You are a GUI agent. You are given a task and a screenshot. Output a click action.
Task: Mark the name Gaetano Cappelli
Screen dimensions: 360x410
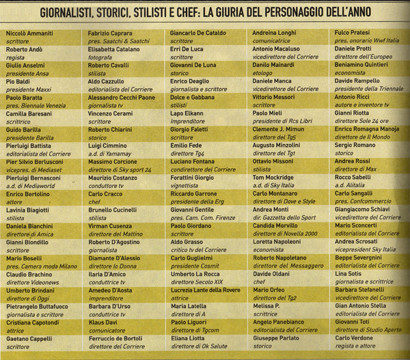(31, 338)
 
